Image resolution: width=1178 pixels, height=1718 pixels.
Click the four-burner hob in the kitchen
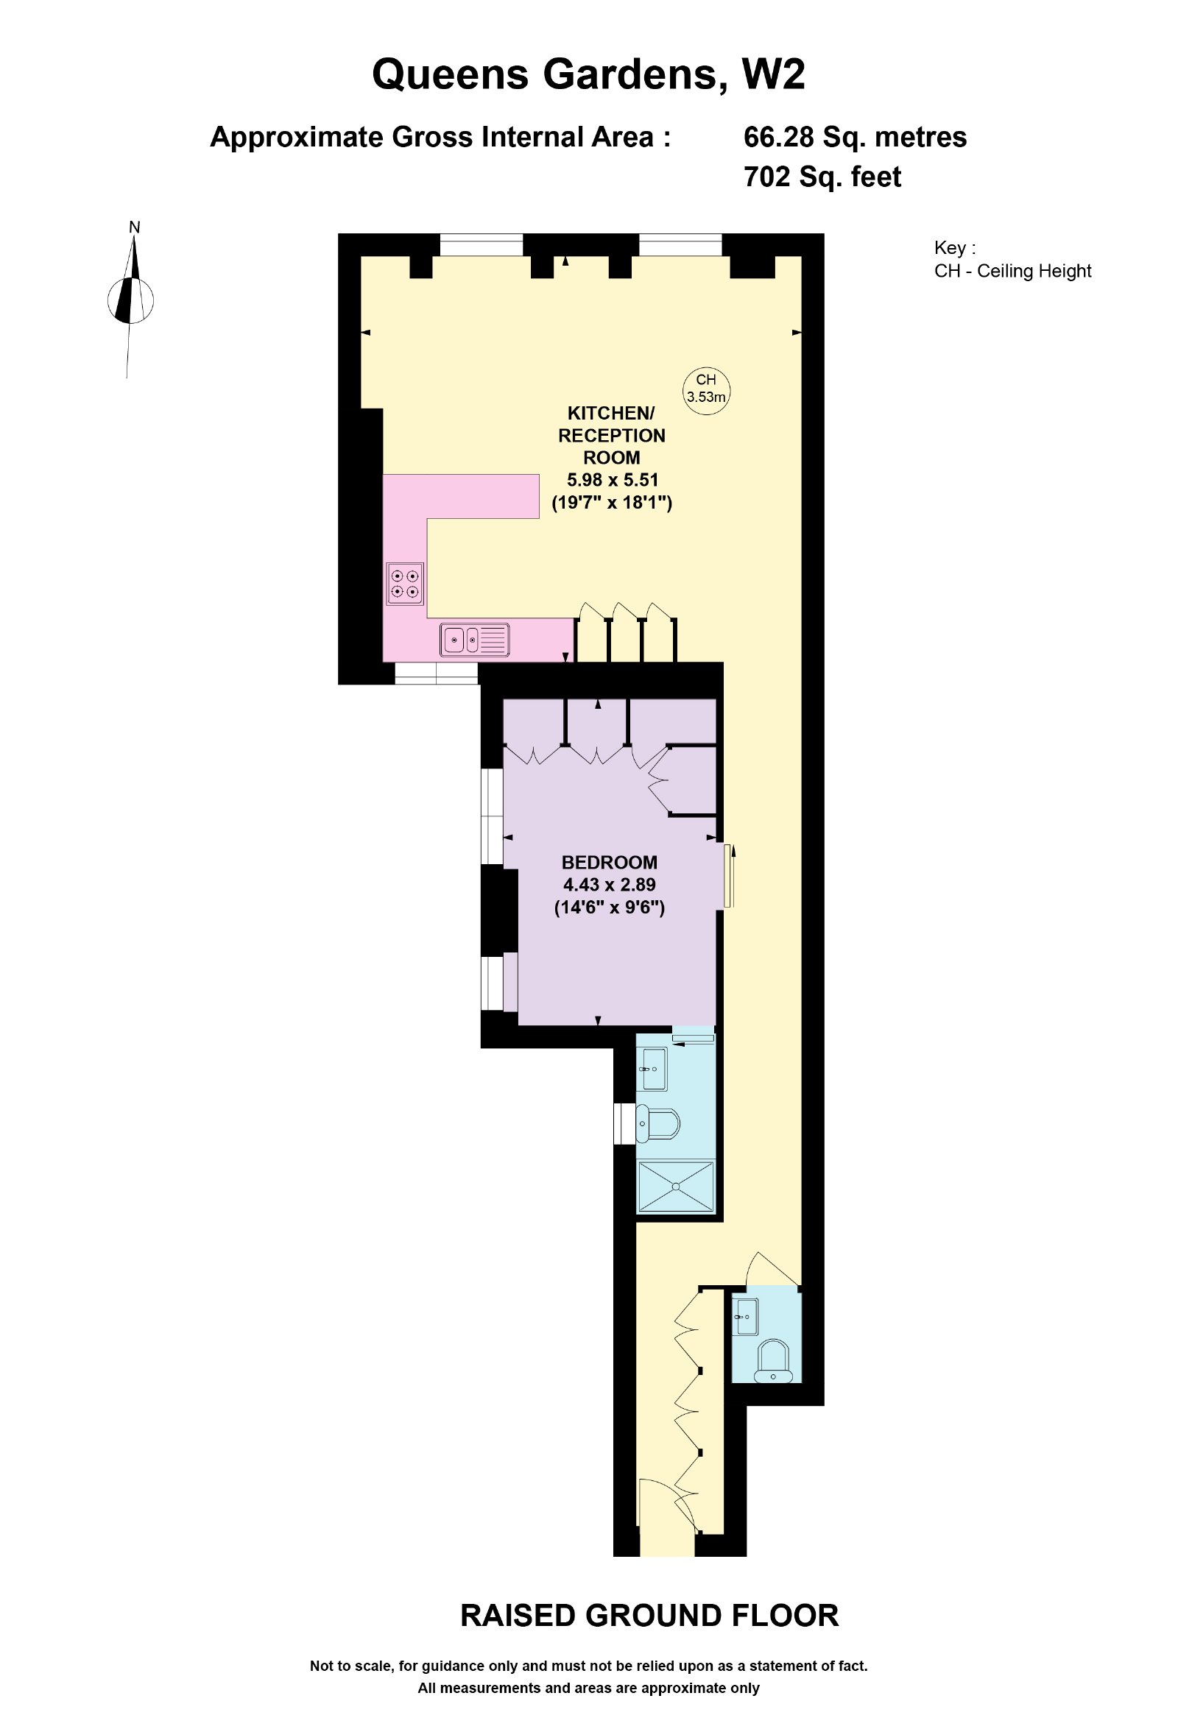(405, 583)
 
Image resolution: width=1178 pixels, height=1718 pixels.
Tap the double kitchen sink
(475, 640)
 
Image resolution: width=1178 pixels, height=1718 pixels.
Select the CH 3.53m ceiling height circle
(706, 390)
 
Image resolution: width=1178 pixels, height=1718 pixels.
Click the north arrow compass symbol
(131, 301)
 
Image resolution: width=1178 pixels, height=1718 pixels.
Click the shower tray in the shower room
(676, 1187)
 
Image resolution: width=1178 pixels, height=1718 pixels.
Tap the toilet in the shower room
(658, 1125)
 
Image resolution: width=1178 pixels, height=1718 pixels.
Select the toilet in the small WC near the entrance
(773, 1361)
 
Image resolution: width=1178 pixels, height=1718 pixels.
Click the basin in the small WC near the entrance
(746, 1317)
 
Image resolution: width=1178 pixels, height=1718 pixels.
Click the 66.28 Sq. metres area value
(855, 138)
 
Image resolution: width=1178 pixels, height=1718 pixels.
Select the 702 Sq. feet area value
(822, 177)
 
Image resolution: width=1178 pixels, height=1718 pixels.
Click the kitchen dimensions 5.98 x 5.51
(613, 480)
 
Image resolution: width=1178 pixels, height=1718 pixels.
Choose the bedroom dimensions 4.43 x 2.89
(610, 884)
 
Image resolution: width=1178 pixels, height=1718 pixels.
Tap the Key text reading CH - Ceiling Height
(1012, 272)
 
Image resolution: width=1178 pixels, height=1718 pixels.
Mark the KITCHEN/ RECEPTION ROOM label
(612, 435)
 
